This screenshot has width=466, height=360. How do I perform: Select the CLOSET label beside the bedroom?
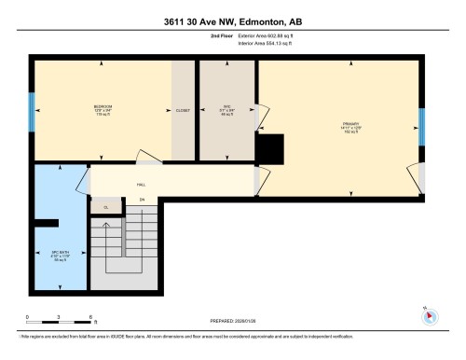click(183, 111)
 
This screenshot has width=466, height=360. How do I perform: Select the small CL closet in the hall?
click(106, 207)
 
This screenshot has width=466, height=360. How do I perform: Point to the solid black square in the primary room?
click(271, 147)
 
